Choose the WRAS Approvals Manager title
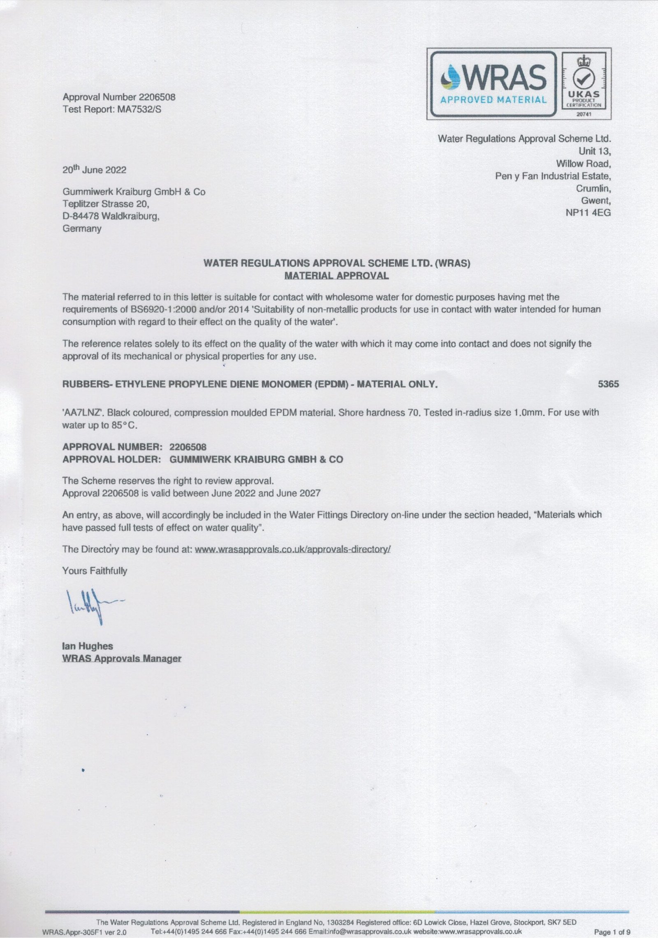click(x=121, y=658)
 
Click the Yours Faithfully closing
click(x=95, y=571)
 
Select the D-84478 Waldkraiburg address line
click(x=111, y=216)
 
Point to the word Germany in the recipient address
click(x=82, y=229)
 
